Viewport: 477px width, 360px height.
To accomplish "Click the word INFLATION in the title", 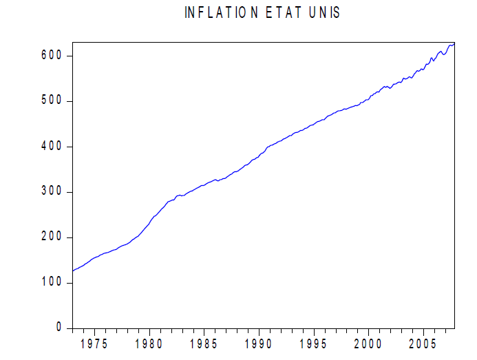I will (x=221, y=13).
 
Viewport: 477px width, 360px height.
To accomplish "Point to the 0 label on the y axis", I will (x=59, y=328).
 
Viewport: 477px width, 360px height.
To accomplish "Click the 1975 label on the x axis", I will (x=94, y=344).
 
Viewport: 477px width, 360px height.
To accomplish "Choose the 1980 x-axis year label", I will (x=149, y=344).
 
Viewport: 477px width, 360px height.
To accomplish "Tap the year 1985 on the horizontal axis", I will (x=204, y=344).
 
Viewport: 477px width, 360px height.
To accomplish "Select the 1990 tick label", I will (x=259, y=344).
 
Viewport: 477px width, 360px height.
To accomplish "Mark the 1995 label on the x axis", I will (x=314, y=344).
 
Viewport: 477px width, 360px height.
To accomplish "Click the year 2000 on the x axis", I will (x=369, y=344).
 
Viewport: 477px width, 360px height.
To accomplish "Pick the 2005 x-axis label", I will (x=424, y=344).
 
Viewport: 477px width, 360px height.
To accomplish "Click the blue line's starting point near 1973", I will (x=72, y=271).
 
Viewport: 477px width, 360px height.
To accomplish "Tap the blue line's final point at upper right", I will (x=454, y=43).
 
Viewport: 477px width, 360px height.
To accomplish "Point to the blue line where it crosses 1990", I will (x=259, y=156).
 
